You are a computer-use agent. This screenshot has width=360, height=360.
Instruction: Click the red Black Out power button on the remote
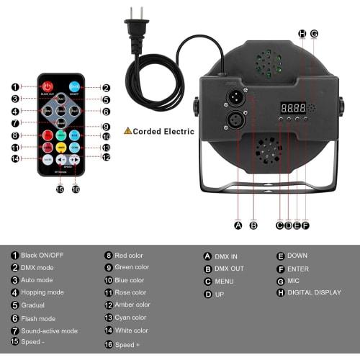coord(47,87)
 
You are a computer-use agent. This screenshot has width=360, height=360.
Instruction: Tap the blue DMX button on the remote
coord(73,87)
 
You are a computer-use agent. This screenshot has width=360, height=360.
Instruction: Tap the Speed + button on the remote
coord(73,160)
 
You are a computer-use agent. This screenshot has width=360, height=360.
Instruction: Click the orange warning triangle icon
coord(128,131)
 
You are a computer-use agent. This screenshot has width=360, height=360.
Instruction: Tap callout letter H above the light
coord(302,33)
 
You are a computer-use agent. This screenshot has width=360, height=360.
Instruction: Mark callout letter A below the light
coord(238,225)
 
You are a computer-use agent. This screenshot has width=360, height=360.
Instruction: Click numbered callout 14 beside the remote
coord(15,159)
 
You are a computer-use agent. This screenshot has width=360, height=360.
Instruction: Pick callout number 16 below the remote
coord(75,189)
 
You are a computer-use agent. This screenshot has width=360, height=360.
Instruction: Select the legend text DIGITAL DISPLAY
coord(313,294)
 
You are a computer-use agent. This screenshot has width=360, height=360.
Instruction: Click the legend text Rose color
coord(130,292)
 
